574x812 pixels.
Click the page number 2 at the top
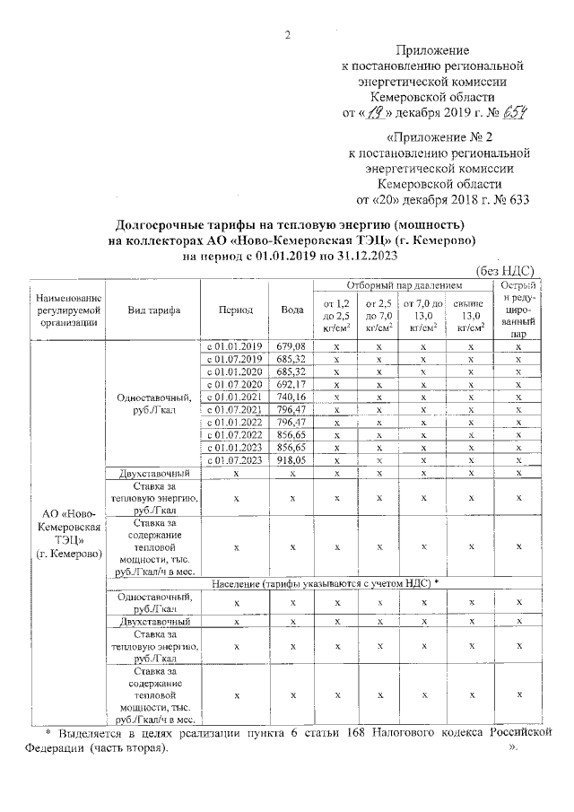coord(287,35)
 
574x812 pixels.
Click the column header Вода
coord(291,310)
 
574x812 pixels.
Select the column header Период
coord(235,310)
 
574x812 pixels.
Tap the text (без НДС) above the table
coord(503,272)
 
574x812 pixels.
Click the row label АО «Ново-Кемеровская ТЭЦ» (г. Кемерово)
coord(67,534)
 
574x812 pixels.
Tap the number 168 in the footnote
coord(383,732)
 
